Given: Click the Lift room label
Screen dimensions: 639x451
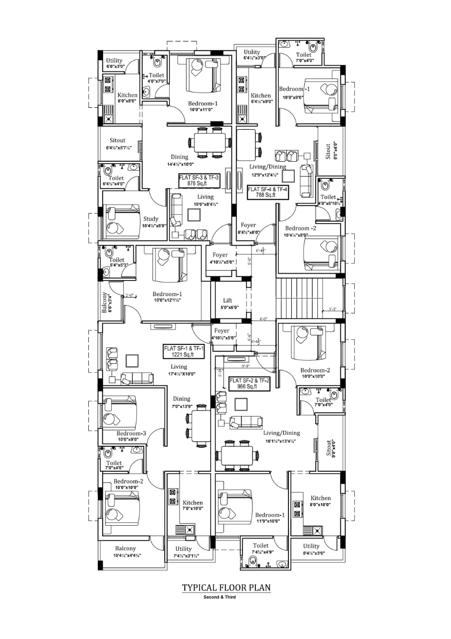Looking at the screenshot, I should pos(227,301).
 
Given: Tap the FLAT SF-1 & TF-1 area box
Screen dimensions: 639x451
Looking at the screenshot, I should pos(184,351).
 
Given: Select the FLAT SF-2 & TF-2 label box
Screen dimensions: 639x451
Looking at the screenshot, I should pos(249,383).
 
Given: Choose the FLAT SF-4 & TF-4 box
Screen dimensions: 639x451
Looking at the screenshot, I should pos(268,192).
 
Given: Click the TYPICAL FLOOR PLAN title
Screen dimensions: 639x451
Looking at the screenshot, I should pos(226,588).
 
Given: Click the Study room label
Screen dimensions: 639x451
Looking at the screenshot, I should pos(151,219).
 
